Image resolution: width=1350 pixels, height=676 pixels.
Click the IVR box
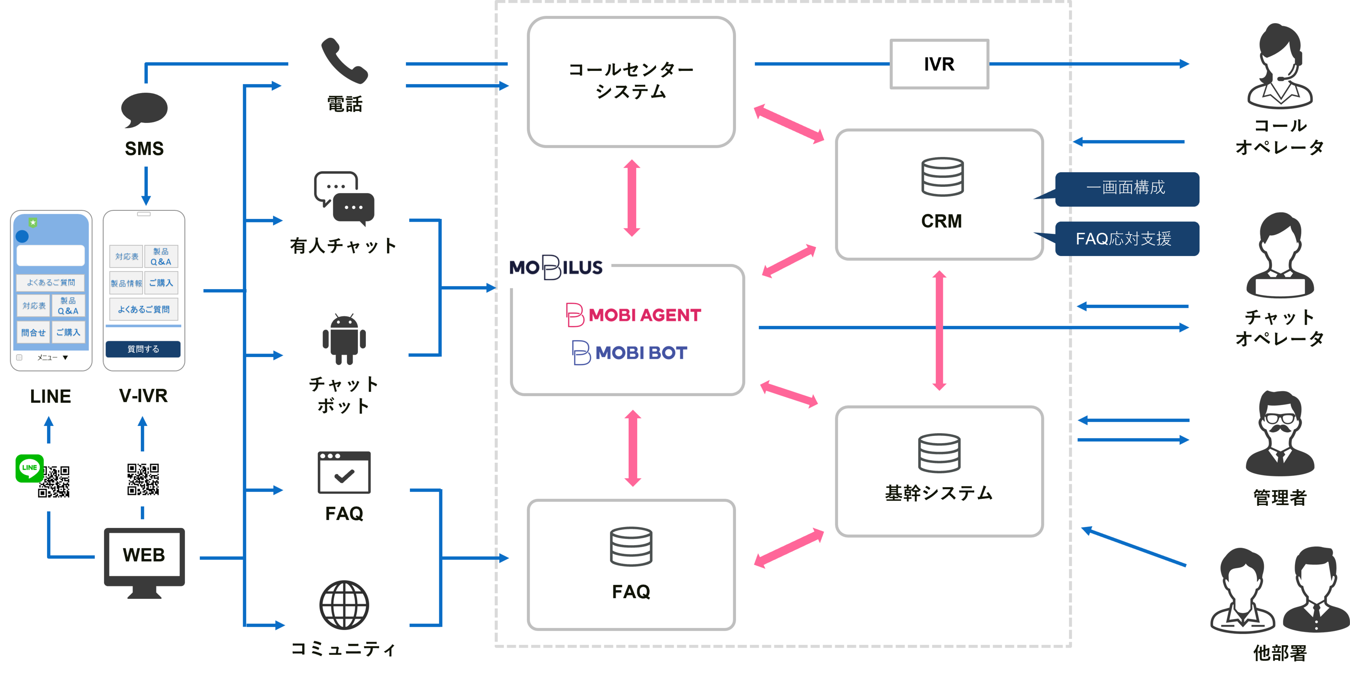pos(939,64)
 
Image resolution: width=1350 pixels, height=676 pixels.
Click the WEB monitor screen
pos(144,555)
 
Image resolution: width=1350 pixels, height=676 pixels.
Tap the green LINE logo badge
pos(29,468)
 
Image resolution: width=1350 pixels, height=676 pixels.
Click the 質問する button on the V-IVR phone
pos(143,349)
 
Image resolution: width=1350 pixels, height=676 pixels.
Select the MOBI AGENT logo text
pos(644,315)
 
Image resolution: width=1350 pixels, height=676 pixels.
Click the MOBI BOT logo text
pos(640,353)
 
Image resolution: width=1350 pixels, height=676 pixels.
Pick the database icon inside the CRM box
pos(942,177)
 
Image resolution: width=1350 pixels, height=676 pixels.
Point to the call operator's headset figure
pos(1279,65)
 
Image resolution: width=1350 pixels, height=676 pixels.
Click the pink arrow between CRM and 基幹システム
pos(939,330)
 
